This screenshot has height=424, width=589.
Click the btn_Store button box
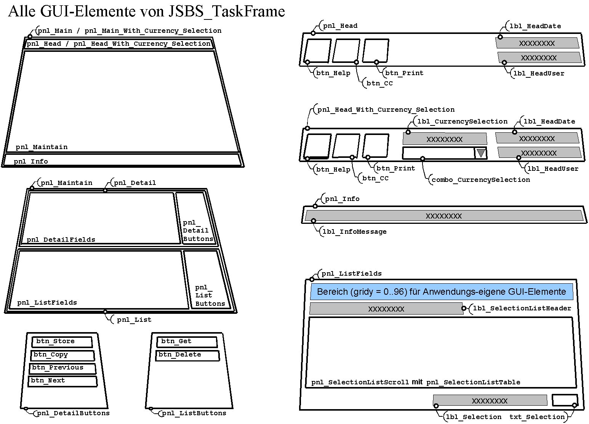(x=62, y=342)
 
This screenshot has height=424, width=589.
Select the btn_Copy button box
(x=62, y=355)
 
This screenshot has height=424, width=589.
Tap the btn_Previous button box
(x=62, y=368)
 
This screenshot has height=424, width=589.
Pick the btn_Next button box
(x=62, y=381)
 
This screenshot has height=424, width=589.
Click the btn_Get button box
(x=187, y=342)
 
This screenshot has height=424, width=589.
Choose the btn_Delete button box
(x=187, y=355)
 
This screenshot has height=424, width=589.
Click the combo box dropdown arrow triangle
(x=481, y=153)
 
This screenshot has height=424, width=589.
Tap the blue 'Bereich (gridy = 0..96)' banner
(x=441, y=292)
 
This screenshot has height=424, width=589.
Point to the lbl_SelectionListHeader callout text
(x=522, y=308)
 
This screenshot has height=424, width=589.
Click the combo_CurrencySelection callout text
(x=480, y=180)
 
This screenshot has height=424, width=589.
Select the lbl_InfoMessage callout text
(x=354, y=231)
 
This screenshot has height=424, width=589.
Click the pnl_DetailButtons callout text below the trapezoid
(x=73, y=413)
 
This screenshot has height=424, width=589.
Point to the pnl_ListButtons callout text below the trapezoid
(x=194, y=413)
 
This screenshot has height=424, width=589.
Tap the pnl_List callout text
(x=134, y=320)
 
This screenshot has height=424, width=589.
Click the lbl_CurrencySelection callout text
(x=463, y=121)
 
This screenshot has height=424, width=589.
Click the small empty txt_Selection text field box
(x=564, y=400)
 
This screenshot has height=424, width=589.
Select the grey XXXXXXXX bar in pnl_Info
(x=444, y=216)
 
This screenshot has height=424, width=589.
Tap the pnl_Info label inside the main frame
(x=31, y=161)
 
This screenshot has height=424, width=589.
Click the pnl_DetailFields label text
(x=61, y=239)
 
